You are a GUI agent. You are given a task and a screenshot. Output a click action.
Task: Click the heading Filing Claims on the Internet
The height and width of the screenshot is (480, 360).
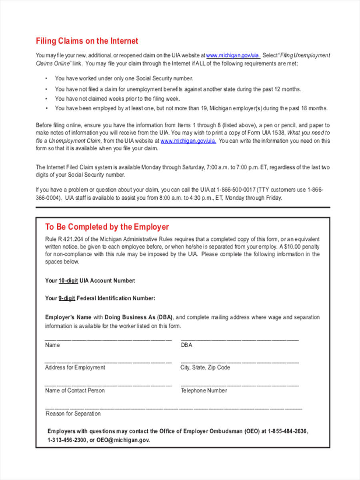point(87,41)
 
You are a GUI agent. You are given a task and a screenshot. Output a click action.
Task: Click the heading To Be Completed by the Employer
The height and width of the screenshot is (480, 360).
point(107,227)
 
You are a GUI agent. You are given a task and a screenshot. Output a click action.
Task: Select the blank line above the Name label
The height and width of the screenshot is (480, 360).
point(108,340)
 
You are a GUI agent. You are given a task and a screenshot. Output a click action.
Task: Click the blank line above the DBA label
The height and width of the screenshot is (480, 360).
point(240,340)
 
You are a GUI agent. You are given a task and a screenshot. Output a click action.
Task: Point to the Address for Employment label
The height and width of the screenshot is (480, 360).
point(75,367)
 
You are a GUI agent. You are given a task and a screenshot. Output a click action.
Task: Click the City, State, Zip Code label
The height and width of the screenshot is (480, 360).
point(205,367)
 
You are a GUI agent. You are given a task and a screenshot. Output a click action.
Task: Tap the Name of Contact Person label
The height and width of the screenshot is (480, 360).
point(75,390)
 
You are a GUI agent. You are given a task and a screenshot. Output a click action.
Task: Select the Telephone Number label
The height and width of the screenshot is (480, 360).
point(204,390)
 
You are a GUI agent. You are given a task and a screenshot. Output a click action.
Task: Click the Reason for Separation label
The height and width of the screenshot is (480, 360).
point(73,414)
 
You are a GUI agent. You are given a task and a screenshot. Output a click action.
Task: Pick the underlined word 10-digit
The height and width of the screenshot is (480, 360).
point(68,281)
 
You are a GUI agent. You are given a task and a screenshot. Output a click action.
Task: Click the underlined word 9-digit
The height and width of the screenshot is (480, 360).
point(67,298)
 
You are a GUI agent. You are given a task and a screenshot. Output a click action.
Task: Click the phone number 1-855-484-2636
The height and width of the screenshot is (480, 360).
point(288,432)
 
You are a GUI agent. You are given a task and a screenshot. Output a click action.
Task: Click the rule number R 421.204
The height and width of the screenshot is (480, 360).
point(70,239)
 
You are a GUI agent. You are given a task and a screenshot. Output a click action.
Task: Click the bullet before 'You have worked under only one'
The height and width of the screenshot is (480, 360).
point(46,78)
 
